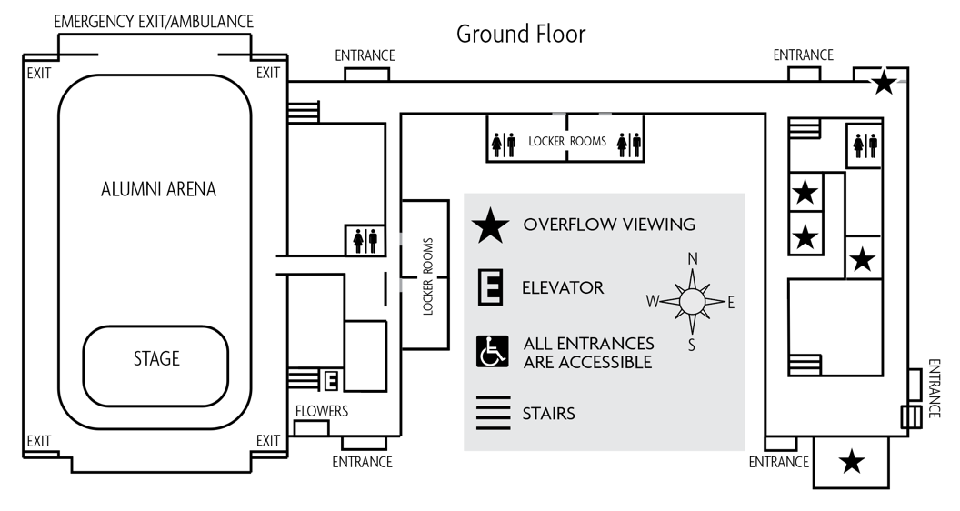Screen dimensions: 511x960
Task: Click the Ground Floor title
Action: (x=520, y=35)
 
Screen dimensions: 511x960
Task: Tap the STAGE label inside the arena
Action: (x=156, y=358)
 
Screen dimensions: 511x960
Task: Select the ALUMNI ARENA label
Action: (x=159, y=189)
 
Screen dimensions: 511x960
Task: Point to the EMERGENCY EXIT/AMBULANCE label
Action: (x=154, y=21)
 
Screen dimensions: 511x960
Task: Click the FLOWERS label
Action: (x=321, y=411)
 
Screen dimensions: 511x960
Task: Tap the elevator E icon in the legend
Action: (x=491, y=288)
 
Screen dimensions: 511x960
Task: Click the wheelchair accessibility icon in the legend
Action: (x=491, y=351)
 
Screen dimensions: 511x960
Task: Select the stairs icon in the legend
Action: (x=491, y=413)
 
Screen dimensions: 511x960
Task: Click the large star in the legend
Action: (x=491, y=225)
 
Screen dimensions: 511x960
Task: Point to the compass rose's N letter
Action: (x=693, y=259)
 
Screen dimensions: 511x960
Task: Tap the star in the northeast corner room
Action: (x=882, y=84)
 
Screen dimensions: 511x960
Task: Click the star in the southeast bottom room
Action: (x=851, y=462)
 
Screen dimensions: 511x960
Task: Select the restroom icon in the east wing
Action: (x=864, y=144)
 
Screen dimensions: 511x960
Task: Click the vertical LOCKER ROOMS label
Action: (x=426, y=276)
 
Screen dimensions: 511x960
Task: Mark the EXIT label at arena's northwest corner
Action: (x=39, y=73)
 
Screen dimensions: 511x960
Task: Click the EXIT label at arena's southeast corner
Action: (x=268, y=441)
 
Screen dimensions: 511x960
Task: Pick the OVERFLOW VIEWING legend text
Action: (x=608, y=225)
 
